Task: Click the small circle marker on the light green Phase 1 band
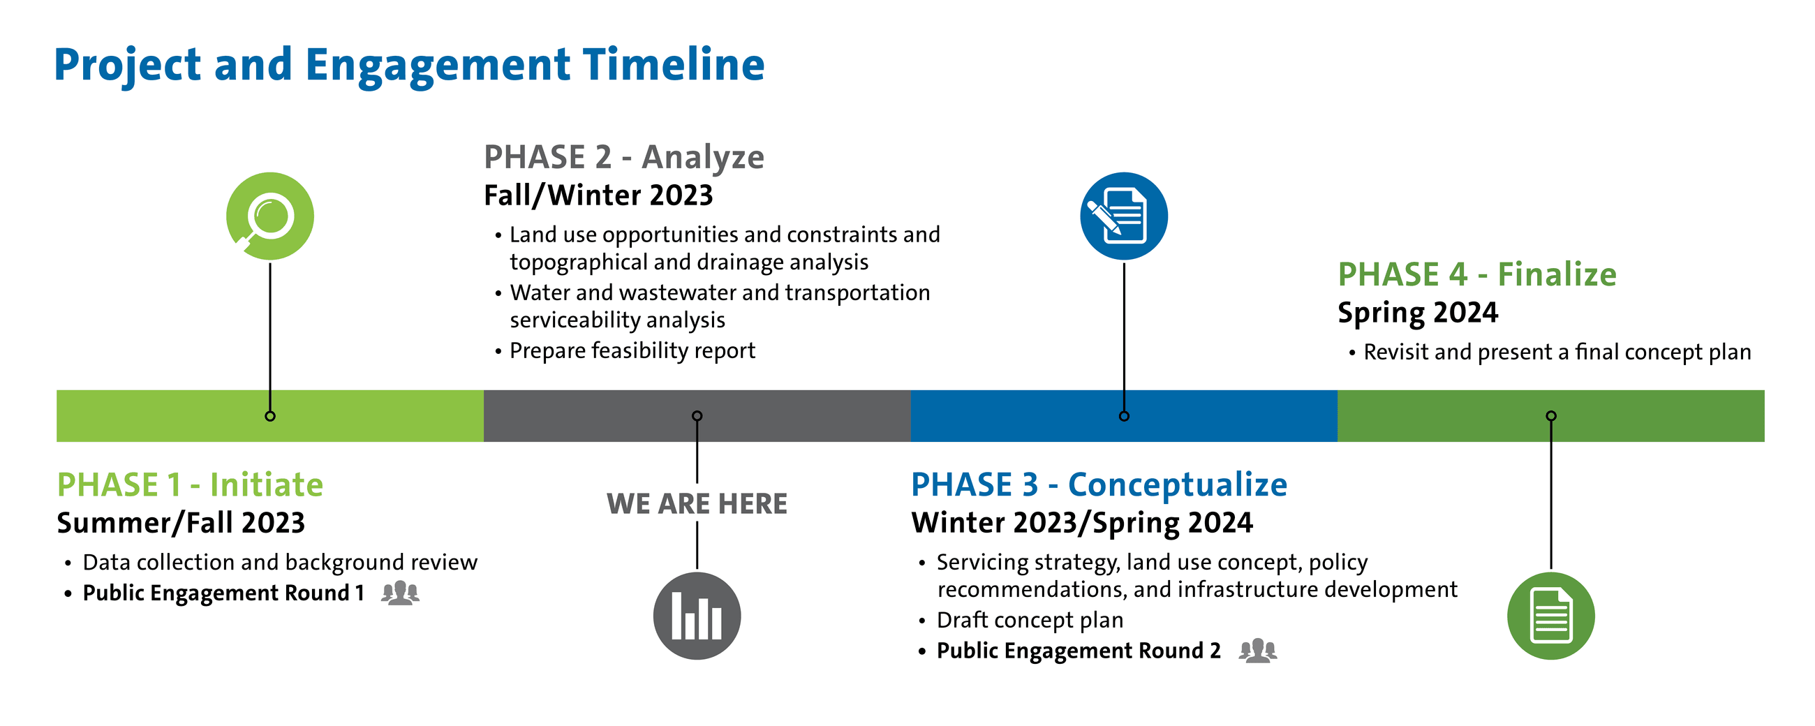pyautogui.click(x=270, y=416)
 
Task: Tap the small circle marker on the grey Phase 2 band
pyautogui.click(x=697, y=416)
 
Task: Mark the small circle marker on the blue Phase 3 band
pyautogui.click(x=1124, y=416)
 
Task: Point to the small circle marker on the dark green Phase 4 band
pyautogui.click(x=1551, y=416)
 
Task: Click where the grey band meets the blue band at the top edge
pyautogui.click(x=911, y=390)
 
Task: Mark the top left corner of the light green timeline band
pyautogui.click(x=57, y=390)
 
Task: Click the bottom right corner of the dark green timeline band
pyautogui.click(x=1764, y=442)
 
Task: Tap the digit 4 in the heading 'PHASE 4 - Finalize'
pyautogui.click(x=1458, y=275)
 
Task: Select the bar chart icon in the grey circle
pyautogui.click(x=697, y=616)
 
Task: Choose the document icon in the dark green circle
pyautogui.click(x=1551, y=616)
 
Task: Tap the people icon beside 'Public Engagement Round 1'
pyautogui.click(x=400, y=593)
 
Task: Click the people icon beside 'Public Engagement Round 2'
pyautogui.click(x=1258, y=651)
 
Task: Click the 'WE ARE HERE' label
pyautogui.click(x=697, y=504)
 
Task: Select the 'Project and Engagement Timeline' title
pyautogui.click(x=409, y=65)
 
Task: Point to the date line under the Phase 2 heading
pyautogui.click(x=598, y=196)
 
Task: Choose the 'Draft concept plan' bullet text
pyautogui.click(x=1030, y=621)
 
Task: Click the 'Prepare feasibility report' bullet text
pyautogui.click(x=632, y=351)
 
